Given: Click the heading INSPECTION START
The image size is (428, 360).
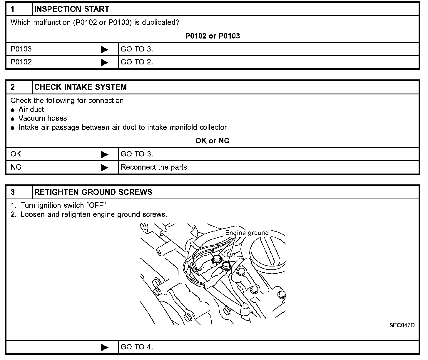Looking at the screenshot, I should tap(71, 9).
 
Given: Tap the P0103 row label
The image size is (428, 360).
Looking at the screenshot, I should tap(21, 49).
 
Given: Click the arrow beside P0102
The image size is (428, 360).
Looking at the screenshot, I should tap(104, 62).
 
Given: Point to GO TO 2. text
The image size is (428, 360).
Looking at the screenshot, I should tap(137, 62).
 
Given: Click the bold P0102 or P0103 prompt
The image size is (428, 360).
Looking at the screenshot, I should tap(212, 36).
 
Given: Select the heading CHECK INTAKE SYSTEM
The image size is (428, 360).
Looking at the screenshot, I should tap(81, 87).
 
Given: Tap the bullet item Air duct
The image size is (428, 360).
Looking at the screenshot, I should tap(31, 110).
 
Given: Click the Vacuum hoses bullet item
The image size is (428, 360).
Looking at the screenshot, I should tap(42, 119).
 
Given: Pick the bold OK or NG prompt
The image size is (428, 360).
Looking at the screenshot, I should tap(212, 141).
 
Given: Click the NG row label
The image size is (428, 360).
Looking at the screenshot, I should tap(16, 167).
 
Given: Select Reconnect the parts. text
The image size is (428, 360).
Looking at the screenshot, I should tap(155, 167).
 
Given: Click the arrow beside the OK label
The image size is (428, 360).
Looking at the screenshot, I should tap(104, 154).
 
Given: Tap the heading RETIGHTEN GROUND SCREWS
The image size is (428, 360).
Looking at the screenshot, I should tap(93, 192).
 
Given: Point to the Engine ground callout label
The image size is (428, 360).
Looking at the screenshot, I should tap(247, 233).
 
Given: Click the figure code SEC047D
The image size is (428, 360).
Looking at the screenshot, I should tap(402, 325).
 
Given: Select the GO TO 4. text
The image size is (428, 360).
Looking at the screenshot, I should tap(137, 347).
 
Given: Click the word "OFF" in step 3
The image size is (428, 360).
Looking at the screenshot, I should tap(96, 206).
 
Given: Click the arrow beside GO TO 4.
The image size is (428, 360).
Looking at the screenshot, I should tap(104, 347).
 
